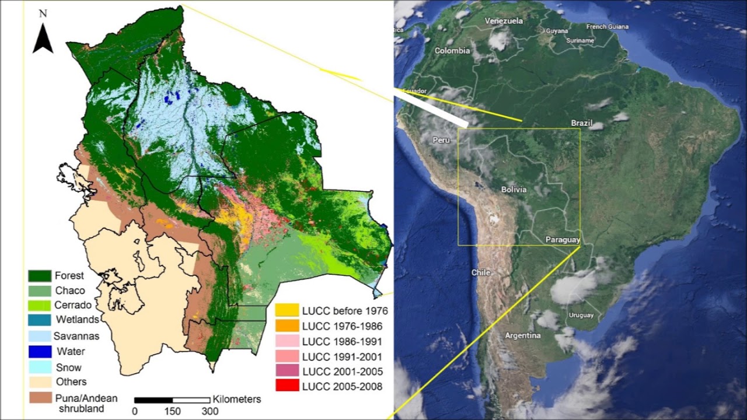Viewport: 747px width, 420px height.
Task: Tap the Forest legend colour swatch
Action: click(39, 276)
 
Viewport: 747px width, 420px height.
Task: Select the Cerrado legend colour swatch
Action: click(39, 305)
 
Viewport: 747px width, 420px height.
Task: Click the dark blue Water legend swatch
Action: click(39, 352)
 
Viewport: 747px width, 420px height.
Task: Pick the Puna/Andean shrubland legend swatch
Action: click(39, 398)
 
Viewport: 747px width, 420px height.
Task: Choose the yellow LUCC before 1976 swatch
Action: click(287, 310)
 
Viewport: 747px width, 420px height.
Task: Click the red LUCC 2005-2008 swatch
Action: click(287, 386)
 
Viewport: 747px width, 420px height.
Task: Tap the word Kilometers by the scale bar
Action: click(237, 400)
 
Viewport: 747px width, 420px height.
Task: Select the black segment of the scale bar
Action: click(153, 400)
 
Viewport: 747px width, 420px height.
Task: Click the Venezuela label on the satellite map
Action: click(504, 21)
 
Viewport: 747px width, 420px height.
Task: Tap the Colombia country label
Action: click(452, 51)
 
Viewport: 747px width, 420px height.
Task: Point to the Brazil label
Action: click(582, 124)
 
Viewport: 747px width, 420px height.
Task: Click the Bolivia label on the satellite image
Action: click(514, 190)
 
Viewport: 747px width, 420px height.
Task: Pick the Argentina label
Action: click(523, 336)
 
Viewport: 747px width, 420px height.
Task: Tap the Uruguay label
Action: click(581, 316)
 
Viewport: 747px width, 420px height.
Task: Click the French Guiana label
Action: click(608, 27)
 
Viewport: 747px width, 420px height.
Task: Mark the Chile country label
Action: click(481, 272)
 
